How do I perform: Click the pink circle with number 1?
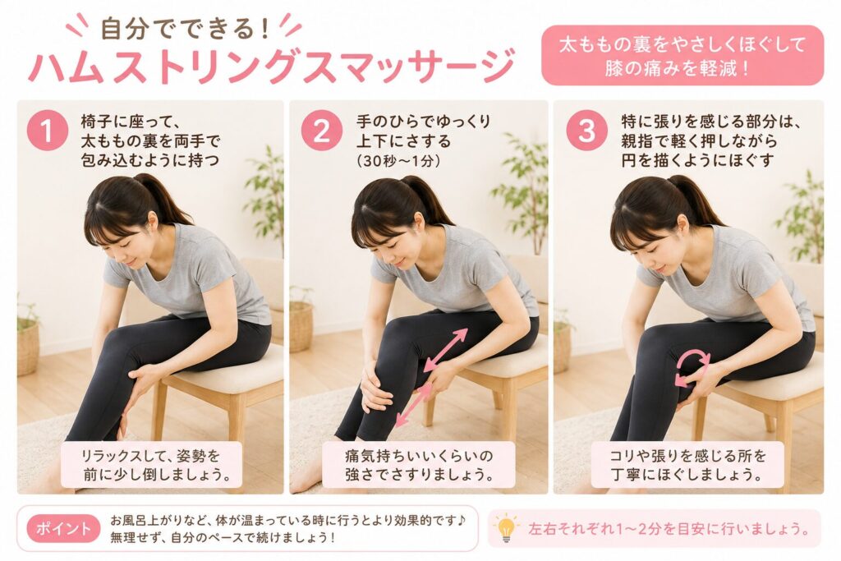tap(47, 131)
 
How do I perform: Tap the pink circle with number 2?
tap(321, 131)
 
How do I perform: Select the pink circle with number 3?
tap(586, 131)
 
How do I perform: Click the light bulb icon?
tap(505, 529)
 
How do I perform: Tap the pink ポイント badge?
tap(63, 528)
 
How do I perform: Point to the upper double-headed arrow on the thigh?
tap(445, 350)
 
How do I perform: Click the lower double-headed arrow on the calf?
tap(414, 405)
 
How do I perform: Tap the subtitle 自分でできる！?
tap(186, 28)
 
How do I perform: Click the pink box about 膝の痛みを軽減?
tap(682, 55)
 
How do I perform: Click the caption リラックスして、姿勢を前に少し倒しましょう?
tap(151, 464)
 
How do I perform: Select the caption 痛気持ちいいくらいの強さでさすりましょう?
tap(419, 464)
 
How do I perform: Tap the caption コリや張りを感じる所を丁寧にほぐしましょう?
tap(688, 464)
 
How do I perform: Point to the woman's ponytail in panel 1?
tap(162, 198)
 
